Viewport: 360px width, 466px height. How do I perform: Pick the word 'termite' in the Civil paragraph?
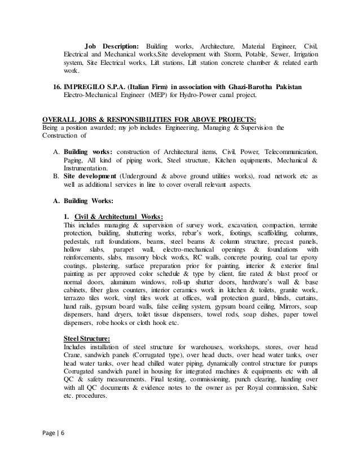(305, 225)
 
